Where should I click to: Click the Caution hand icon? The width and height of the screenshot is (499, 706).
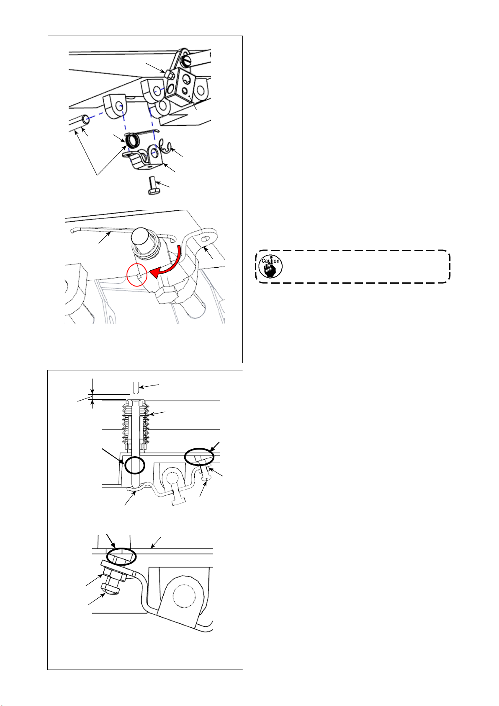tap(270, 266)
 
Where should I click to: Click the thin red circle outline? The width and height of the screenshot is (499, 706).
tap(137, 274)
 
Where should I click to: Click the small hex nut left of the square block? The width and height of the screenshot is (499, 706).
tap(169, 75)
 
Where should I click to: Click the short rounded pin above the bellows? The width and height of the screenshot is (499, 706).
tap(136, 388)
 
